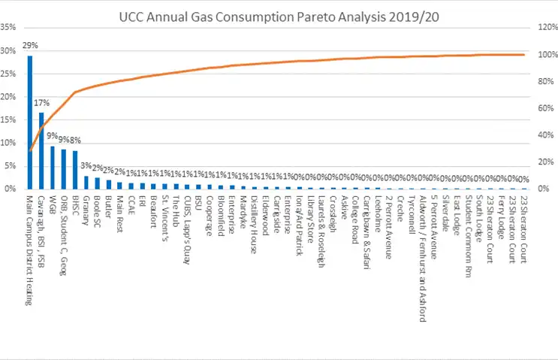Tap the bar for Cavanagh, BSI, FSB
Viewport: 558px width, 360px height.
[41, 150]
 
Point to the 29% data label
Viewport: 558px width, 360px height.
[29, 47]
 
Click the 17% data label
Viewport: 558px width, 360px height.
[41, 102]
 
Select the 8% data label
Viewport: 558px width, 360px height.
[77, 140]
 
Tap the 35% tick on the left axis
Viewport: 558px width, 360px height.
[9, 28]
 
